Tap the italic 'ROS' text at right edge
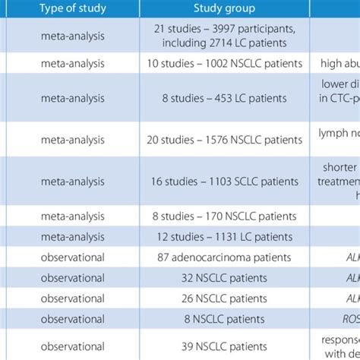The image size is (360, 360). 347,319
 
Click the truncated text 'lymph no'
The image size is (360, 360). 335,140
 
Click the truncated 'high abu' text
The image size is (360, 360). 335,65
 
